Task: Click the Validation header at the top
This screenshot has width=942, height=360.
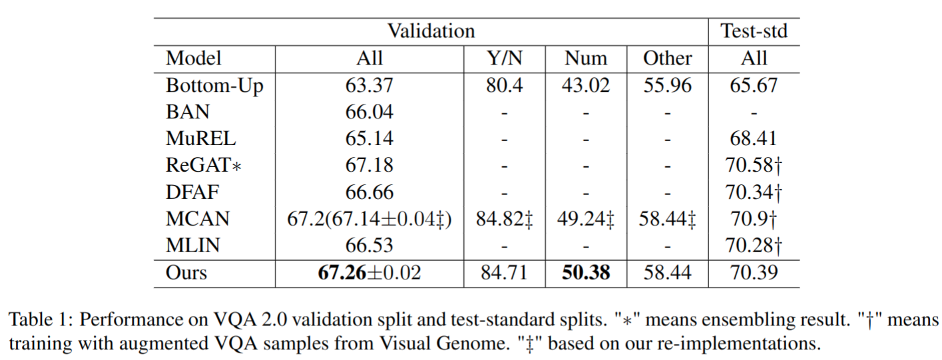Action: (x=431, y=31)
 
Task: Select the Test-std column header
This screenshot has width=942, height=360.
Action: (x=754, y=31)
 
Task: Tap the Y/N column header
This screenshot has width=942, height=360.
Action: (x=503, y=59)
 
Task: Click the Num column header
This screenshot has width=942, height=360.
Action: (x=586, y=59)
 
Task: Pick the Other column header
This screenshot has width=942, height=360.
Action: (x=667, y=59)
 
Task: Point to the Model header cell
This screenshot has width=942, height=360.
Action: (x=194, y=59)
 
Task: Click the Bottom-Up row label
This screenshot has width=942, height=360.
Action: (x=214, y=86)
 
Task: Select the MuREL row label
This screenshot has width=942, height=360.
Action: (x=200, y=139)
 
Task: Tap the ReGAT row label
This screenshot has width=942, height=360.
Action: (x=203, y=166)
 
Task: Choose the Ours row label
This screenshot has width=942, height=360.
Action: (x=186, y=273)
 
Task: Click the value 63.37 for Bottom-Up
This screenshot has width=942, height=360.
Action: (x=370, y=86)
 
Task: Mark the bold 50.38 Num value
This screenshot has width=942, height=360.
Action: (x=586, y=273)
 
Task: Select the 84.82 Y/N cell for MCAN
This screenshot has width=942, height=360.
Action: (x=503, y=220)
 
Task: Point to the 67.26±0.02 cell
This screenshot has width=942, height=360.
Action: (x=370, y=273)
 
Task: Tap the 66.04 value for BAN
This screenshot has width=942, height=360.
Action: (x=370, y=112)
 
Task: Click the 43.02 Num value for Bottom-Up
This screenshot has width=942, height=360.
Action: (x=586, y=86)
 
